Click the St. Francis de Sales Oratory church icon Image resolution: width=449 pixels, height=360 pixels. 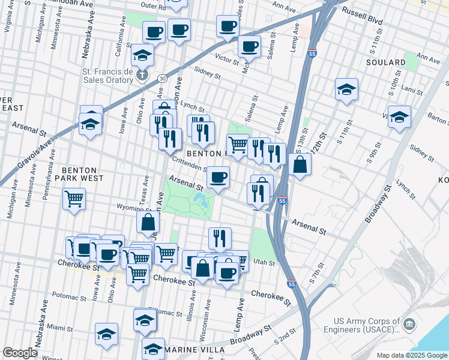(x=142, y=75)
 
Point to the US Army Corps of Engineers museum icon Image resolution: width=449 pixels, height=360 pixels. (x=410, y=325)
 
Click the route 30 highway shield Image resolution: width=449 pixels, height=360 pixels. (x=162, y=79)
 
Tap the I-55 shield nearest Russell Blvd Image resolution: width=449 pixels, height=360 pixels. (x=312, y=53)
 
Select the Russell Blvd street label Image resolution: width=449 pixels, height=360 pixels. (x=361, y=16)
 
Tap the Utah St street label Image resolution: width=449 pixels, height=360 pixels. (x=264, y=263)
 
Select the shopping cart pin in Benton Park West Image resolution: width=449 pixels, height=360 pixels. (x=74, y=199)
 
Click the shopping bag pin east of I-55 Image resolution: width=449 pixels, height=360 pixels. (x=300, y=164)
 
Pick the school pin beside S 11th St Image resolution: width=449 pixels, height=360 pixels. (x=347, y=89)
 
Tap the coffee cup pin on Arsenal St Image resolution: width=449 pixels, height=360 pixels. (x=218, y=177)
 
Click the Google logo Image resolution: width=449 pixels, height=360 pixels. (x=20, y=353)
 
